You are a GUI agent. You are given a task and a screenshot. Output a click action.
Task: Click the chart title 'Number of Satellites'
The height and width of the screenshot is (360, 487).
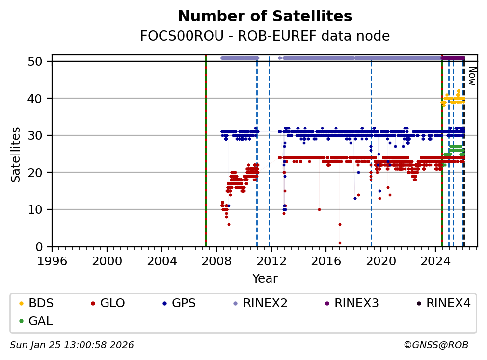(265, 16)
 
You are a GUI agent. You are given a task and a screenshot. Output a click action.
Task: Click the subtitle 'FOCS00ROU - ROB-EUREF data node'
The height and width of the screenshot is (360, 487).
(265, 36)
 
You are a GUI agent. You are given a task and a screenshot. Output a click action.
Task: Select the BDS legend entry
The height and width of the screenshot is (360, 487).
(41, 303)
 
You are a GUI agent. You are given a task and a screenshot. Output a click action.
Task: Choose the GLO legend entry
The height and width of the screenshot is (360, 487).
(112, 303)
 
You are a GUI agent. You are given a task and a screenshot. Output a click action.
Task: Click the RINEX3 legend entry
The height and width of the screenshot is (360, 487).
(356, 303)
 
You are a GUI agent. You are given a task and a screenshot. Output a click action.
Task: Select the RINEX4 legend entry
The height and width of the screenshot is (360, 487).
(448, 303)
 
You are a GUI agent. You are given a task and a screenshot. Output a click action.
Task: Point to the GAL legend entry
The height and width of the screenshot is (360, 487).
(41, 321)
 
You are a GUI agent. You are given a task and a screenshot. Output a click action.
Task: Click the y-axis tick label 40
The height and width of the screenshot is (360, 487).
(39, 99)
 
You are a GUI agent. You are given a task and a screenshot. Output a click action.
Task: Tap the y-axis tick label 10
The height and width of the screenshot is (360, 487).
(39, 209)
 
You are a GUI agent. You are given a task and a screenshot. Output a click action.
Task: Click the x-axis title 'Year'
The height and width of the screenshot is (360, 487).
(265, 279)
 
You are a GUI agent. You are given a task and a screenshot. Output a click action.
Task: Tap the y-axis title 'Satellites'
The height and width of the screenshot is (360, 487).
(16, 154)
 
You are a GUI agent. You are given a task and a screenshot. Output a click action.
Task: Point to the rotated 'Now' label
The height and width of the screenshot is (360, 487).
(471, 76)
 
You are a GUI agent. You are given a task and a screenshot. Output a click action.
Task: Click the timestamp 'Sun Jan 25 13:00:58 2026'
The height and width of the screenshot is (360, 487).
(72, 345)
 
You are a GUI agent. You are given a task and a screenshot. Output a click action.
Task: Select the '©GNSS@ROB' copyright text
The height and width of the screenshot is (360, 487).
(435, 345)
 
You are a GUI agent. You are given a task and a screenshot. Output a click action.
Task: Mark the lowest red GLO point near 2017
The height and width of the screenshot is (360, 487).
(340, 243)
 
